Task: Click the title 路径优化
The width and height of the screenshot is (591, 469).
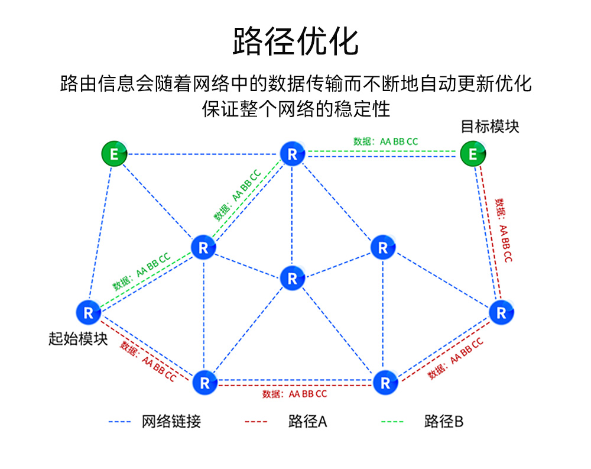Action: pyautogui.click(x=295, y=41)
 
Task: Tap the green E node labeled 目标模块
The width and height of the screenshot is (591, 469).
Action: pyautogui.click(x=473, y=154)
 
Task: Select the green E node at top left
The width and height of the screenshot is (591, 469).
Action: pyautogui.click(x=114, y=154)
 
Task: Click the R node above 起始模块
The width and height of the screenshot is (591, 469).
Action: pyautogui.click(x=89, y=312)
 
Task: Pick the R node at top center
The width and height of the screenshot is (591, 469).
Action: pyautogui.click(x=292, y=154)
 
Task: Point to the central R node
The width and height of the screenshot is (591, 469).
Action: pyautogui.click(x=292, y=277)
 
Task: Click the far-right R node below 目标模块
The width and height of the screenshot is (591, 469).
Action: pyautogui.click(x=501, y=313)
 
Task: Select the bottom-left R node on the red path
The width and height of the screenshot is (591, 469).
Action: pyautogui.click(x=204, y=383)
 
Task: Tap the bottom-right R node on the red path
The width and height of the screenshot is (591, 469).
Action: pyautogui.click(x=385, y=383)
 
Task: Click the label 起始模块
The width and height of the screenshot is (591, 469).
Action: pyautogui.click(x=77, y=339)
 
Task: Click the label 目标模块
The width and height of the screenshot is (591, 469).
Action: pyautogui.click(x=489, y=126)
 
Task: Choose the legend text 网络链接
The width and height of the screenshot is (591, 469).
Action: pyautogui.click(x=171, y=421)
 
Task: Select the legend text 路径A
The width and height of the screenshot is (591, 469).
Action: pyautogui.click(x=307, y=421)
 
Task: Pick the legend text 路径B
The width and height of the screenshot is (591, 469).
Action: pyautogui.click(x=443, y=421)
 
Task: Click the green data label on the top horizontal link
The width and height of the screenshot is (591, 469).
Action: pyautogui.click(x=385, y=141)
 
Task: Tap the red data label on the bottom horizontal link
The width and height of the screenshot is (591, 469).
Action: pyautogui.click(x=294, y=394)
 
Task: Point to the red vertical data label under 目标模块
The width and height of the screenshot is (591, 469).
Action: pyautogui.click(x=504, y=231)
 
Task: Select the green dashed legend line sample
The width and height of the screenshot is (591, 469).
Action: pyautogui.click(x=391, y=422)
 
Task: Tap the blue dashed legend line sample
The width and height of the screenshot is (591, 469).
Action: pyautogui.click(x=119, y=422)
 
